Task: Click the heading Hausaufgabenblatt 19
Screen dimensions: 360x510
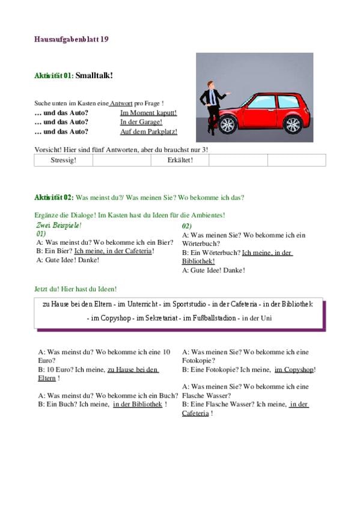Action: pos(71,39)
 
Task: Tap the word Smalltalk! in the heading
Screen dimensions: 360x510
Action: pos(94,75)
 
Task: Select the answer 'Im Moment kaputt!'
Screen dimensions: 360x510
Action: pos(148,113)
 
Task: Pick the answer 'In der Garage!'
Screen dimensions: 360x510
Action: pos(141,122)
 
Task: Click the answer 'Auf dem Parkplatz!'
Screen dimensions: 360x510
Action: pos(149,132)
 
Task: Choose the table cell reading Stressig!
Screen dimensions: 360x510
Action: pos(63,160)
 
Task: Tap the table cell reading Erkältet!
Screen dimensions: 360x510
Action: pos(180,160)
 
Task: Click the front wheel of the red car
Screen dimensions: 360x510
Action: pos(227,124)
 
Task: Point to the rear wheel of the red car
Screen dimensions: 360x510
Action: pos(293,125)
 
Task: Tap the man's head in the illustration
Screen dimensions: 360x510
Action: pos(210,85)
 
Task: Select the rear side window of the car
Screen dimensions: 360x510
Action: pos(288,102)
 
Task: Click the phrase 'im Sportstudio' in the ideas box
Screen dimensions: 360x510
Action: pos(185,304)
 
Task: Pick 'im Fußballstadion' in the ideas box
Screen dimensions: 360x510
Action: pos(209,318)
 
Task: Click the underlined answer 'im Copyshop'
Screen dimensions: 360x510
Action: pos(294,370)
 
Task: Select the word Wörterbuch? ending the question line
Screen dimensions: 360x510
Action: pos(201,244)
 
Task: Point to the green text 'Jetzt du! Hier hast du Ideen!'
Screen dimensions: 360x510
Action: pos(75,289)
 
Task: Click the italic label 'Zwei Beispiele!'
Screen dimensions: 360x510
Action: pos(59,225)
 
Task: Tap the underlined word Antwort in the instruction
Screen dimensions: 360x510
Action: pos(121,103)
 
